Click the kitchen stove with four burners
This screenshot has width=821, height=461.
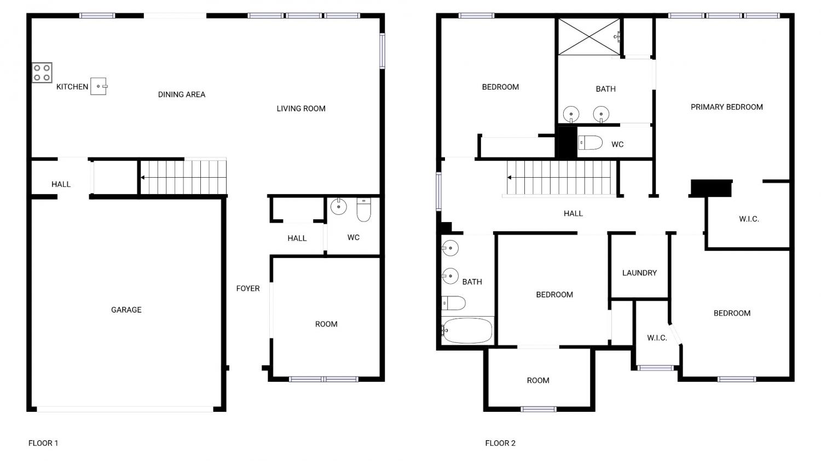42,73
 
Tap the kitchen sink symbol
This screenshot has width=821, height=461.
99,86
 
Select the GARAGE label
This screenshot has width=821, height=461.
126,310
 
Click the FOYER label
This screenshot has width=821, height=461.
248,289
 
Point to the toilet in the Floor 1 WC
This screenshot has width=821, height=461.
363,210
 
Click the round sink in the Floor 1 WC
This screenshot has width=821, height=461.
339,206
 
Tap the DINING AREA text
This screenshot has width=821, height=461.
181,95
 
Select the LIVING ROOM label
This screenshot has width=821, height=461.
301,108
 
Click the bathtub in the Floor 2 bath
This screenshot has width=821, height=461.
467,331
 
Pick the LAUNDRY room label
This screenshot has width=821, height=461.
639,273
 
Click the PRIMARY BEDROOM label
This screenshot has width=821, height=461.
726,107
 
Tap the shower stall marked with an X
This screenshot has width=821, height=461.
589,37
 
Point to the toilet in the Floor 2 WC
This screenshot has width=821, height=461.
591,142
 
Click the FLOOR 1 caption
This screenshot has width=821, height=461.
43,443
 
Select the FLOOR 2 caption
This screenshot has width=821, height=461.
500,443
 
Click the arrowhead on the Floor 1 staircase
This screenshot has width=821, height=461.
142,178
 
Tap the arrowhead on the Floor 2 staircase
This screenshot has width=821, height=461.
509,178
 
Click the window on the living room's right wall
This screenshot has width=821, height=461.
382,51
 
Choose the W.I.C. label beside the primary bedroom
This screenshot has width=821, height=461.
749,219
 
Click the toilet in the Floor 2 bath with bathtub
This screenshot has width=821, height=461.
453,303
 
